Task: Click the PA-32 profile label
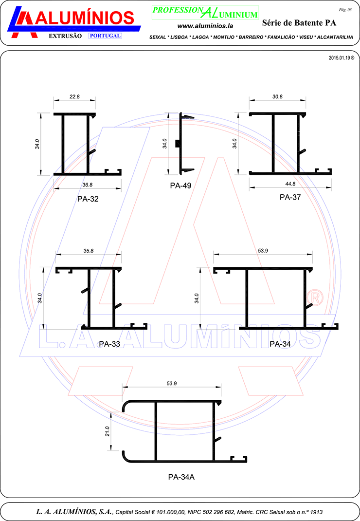click(88, 199)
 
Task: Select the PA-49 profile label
click(180, 186)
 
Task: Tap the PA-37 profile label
click(290, 197)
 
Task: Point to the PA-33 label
click(109, 344)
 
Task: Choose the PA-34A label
click(181, 477)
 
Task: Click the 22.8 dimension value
click(74, 97)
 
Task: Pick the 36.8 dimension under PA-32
click(88, 185)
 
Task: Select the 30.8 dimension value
click(277, 97)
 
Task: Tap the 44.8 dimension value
click(290, 184)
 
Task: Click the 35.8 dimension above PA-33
click(89, 251)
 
